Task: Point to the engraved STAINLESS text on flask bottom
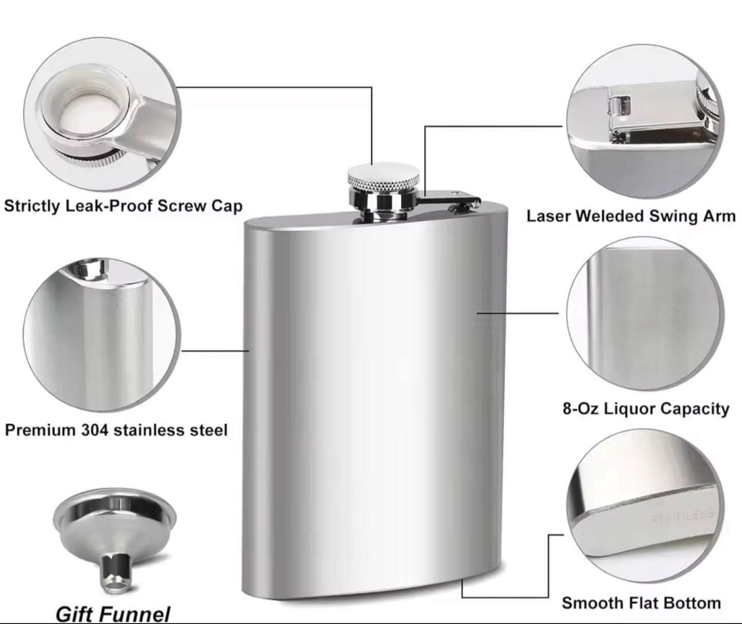click(682, 515)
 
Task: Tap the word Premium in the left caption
click(39, 430)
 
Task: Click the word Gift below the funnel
click(73, 614)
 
